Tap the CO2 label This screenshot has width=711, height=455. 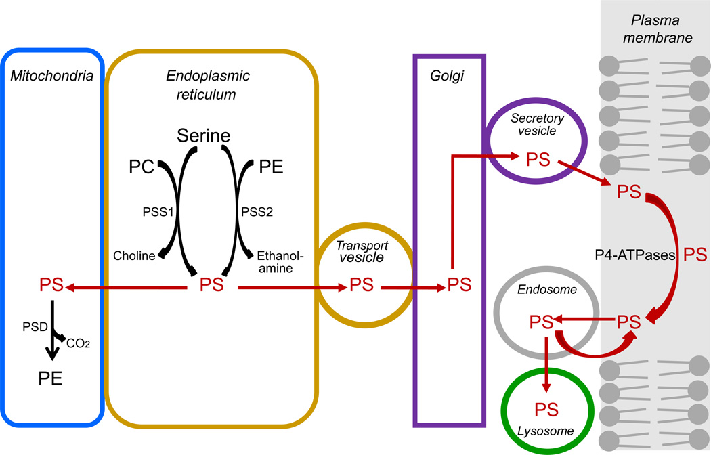pos(78,344)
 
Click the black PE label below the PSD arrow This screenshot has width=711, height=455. pos(48,378)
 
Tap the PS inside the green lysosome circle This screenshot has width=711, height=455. pos(547,409)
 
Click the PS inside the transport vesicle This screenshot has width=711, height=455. pos(362,286)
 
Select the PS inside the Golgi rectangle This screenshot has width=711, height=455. pos(460,286)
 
